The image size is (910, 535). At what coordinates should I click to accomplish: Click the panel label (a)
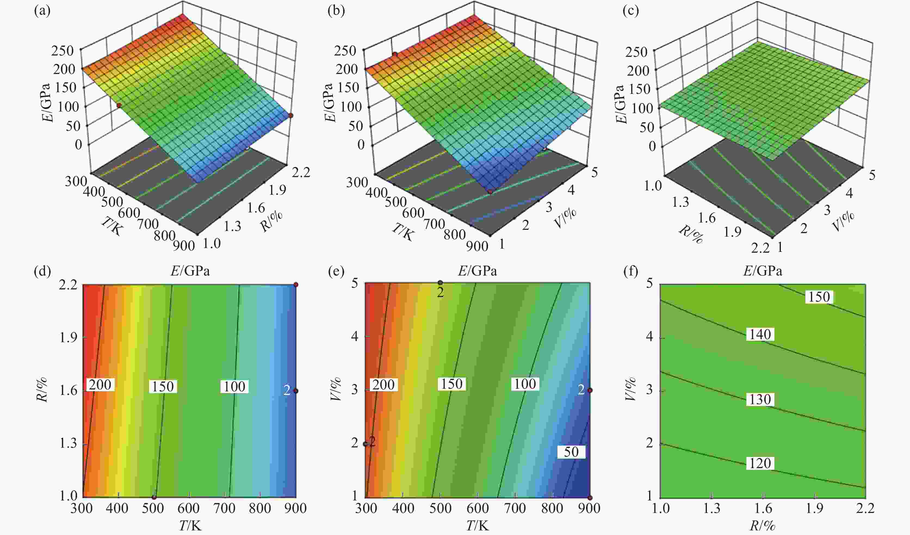pos(42,11)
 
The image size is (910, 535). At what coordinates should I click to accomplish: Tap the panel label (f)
pos(631,271)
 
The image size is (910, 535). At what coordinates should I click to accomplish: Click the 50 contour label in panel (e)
pos(571,451)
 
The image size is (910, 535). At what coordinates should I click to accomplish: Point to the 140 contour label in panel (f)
pos(760,334)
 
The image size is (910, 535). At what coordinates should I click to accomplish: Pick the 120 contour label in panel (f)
pos(760,463)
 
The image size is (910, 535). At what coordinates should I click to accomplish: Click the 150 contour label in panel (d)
pos(163,386)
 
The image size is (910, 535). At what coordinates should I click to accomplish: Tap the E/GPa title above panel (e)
pos(477,271)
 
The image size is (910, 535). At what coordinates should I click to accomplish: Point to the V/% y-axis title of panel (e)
pos(336,389)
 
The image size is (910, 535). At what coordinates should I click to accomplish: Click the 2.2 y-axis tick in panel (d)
pos(68,285)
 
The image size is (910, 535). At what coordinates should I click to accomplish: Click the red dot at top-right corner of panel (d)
pos(296,285)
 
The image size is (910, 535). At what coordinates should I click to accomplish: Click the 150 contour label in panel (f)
pos(819,296)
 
